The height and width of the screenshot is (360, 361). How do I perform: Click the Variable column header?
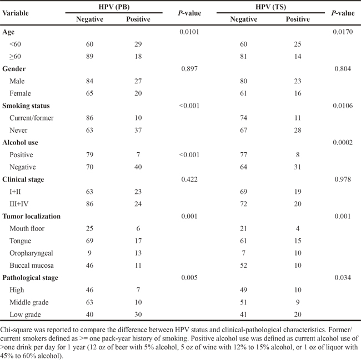tap(16, 13)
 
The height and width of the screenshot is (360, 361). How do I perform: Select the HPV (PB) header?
tap(114, 7)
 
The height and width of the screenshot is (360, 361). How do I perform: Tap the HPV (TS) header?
tap(271, 7)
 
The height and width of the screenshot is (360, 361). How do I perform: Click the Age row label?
tap(8, 32)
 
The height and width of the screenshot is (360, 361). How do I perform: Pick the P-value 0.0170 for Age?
tap(343, 32)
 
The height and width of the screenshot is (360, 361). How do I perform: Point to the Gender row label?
tap(14, 69)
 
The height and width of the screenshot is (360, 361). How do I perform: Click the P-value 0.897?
tap(189, 69)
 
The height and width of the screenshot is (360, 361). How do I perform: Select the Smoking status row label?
tap(26, 106)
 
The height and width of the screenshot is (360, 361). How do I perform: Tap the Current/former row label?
tap(32, 118)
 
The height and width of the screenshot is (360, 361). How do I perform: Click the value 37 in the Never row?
tap(138, 130)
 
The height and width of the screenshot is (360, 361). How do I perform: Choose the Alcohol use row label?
tap(20, 143)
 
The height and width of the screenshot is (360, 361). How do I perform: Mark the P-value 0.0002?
tap(343, 142)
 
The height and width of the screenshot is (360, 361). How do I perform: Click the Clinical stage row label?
tap(23, 179)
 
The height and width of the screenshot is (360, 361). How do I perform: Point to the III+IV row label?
tap(19, 204)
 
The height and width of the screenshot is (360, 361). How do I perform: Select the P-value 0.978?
tap(343, 179)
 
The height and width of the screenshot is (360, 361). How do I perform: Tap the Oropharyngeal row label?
tap(31, 253)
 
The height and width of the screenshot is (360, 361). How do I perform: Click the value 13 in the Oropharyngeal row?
tap(138, 253)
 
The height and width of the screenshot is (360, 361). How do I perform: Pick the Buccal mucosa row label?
tap(32, 266)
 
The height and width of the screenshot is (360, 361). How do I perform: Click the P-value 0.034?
tap(343, 278)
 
